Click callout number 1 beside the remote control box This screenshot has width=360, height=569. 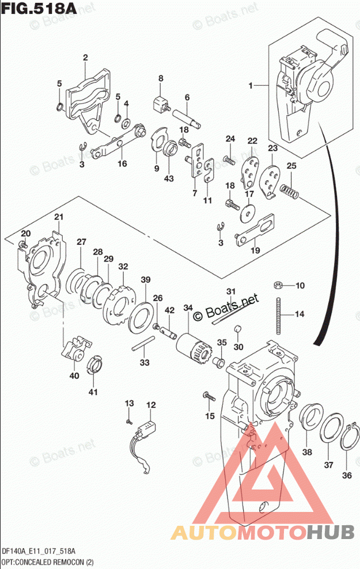251,86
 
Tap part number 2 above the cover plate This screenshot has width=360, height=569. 85,58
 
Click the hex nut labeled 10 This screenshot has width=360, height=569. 278,285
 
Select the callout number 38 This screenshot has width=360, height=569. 307,452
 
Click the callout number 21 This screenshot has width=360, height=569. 58,217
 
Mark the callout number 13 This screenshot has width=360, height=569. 129,403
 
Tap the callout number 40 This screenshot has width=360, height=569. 74,375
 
